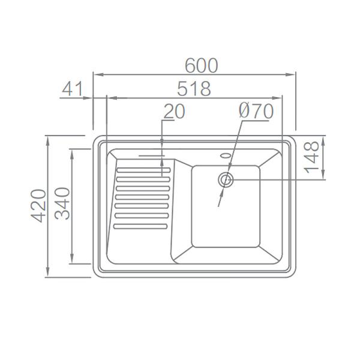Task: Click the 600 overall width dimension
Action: click(x=202, y=65)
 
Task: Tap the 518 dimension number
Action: click(x=194, y=88)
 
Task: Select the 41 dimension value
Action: click(x=73, y=89)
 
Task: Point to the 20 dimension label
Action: click(x=175, y=112)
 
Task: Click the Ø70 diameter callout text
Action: click(x=256, y=112)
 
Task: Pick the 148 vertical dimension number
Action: click(x=311, y=157)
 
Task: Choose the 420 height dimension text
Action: click(x=38, y=206)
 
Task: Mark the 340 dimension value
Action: click(x=62, y=203)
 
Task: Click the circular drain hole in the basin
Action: click(x=226, y=179)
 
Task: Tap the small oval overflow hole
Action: click(x=225, y=155)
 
